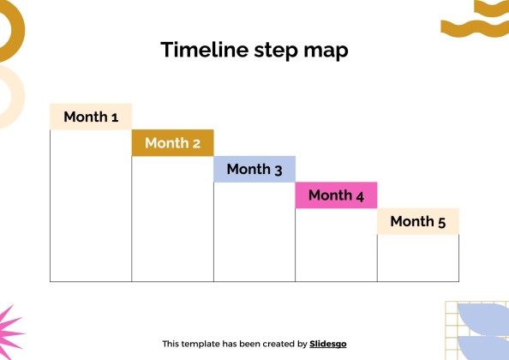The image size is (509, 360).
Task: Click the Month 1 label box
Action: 91,117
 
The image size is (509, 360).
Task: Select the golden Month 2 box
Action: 173,143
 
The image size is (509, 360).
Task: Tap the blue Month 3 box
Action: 254,169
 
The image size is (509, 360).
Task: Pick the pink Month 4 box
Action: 336,195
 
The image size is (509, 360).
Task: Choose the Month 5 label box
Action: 418,221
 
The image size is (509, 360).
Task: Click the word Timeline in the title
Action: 205,50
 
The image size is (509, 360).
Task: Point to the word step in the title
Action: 276,51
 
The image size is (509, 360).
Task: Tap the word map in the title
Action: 326,51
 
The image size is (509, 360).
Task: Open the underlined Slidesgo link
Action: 328,344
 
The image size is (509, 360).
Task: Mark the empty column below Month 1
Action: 91,206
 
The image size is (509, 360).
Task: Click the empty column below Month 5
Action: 418,258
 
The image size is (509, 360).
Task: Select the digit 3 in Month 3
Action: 278,170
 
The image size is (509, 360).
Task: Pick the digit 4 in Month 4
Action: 360,196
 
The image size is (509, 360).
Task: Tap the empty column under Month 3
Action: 254,231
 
